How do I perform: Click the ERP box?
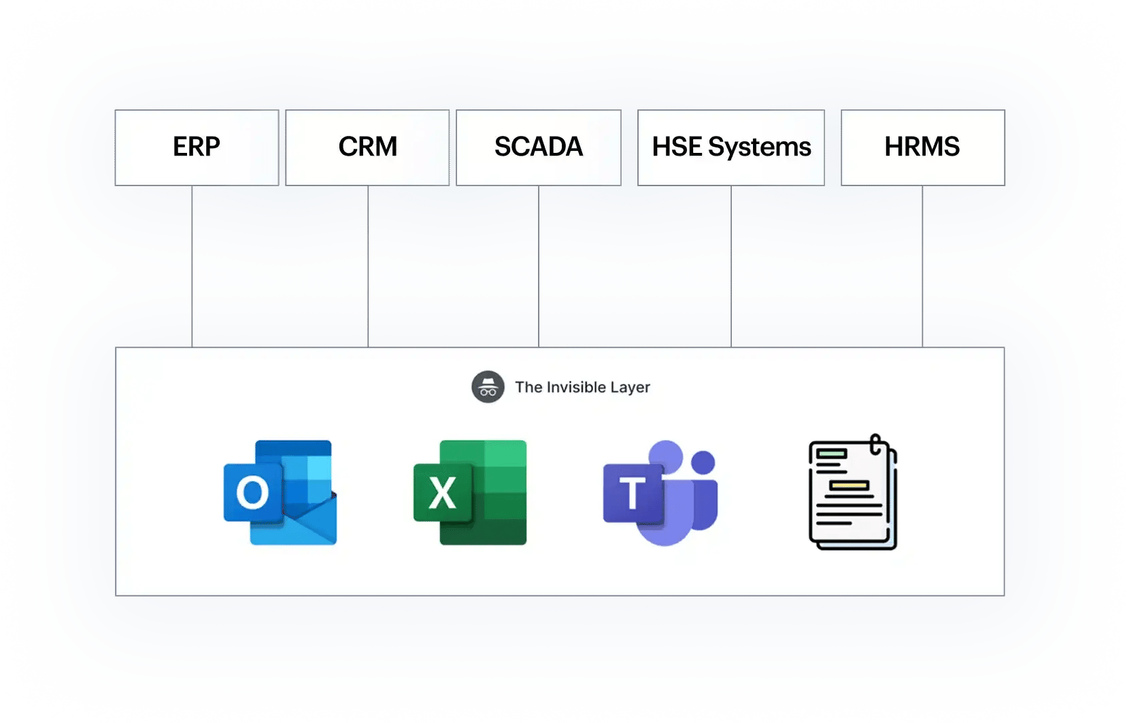click(197, 148)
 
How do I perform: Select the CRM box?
click(367, 148)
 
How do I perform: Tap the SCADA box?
click(539, 148)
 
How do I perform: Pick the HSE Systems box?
click(731, 148)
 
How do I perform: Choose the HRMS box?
click(923, 148)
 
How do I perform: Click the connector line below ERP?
click(192, 266)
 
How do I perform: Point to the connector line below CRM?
click(368, 266)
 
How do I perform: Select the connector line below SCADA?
click(539, 266)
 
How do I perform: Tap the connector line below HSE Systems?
click(731, 266)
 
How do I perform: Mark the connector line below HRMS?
click(922, 266)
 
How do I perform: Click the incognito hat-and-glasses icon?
click(488, 387)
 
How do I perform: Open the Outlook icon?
click(280, 492)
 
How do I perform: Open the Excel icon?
click(470, 492)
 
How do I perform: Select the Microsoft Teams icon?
click(660, 493)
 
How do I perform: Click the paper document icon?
click(853, 492)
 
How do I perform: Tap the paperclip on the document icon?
click(875, 444)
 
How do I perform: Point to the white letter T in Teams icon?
click(633, 493)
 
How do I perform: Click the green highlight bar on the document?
click(831, 453)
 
